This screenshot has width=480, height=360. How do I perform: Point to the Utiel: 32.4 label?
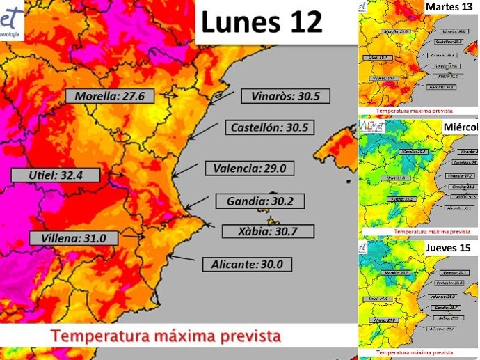tap(56, 175)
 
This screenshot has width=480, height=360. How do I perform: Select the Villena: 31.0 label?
tap(73, 238)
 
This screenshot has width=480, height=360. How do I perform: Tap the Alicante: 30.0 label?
tap(246, 265)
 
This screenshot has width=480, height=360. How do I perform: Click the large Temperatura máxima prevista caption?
tap(166, 336)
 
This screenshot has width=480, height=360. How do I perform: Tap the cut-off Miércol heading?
tap(460, 127)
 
